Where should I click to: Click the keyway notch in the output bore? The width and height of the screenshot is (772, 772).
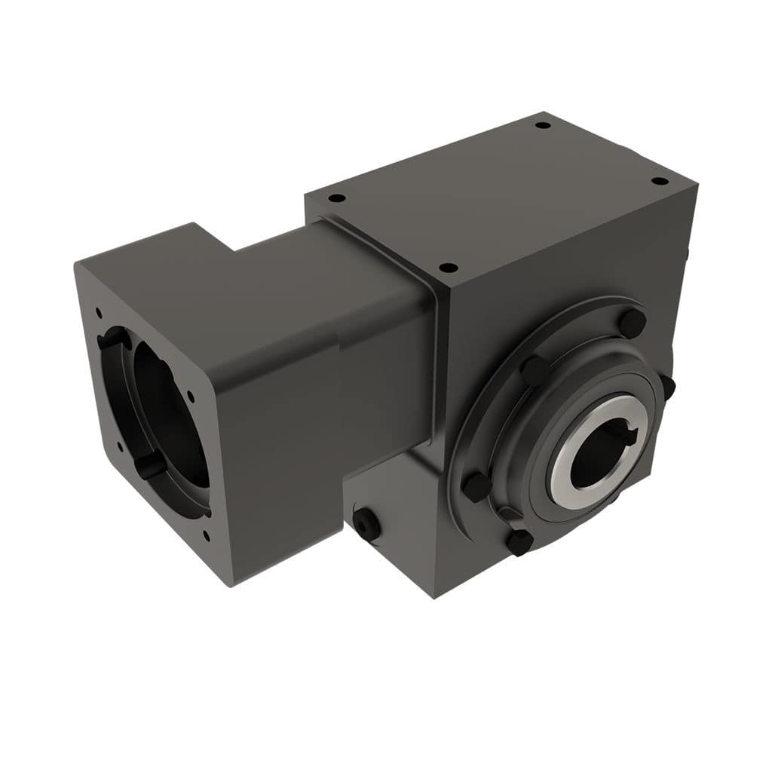(x=629, y=435)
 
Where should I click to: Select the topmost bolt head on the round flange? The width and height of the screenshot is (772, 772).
(x=632, y=323)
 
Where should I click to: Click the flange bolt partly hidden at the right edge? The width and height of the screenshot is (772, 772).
(x=667, y=386)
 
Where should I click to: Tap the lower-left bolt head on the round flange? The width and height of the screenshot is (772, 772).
(x=476, y=486)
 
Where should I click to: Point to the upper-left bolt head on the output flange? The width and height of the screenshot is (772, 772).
(x=536, y=369)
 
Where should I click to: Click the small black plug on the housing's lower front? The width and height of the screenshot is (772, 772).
(x=366, y=523)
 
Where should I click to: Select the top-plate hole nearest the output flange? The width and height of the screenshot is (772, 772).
(x=448, y=267)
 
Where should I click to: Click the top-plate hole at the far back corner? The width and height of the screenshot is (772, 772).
(x=542, y=125)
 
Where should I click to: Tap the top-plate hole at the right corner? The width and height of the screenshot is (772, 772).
(x=659, y=182)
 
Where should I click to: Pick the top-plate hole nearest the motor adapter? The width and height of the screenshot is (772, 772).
(x=337, y=198)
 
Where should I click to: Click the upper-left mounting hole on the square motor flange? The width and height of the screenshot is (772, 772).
(x=98, y=310)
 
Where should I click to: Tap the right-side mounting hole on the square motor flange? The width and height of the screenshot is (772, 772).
(x=189, y=395)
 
